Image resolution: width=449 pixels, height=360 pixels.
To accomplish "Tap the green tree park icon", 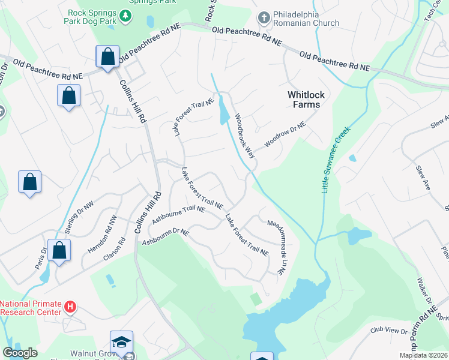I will [x=125, y=17].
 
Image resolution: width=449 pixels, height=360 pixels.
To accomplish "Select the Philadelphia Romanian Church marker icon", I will [x=263, y=17].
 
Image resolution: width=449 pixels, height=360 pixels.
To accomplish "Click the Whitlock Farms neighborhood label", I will [x=304, y=100].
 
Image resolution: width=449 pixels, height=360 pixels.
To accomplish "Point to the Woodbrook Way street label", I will [x=245, y=136].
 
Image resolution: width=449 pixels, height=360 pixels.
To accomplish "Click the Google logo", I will [x=20, y=353].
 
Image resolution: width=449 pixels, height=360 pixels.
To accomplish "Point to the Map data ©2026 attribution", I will [x=423, y=355].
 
